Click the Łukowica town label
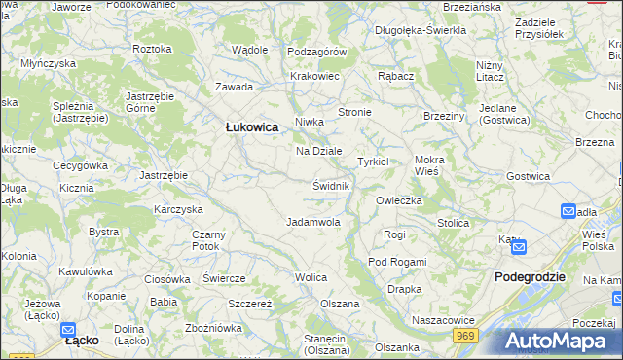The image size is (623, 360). (252, 127)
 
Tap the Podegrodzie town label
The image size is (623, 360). (530, 276)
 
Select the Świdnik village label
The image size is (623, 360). (331, 185)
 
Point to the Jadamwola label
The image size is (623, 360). (312, 222)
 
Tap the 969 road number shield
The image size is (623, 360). (464, 335)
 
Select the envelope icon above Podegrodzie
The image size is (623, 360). (518, 248)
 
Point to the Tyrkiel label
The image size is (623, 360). (373, 162)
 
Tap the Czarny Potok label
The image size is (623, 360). (208, 240)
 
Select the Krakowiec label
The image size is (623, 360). (314, 76)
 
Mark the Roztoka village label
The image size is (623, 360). (152, 49)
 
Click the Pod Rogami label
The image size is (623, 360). (397, 263)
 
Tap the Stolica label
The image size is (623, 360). (453, 223)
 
